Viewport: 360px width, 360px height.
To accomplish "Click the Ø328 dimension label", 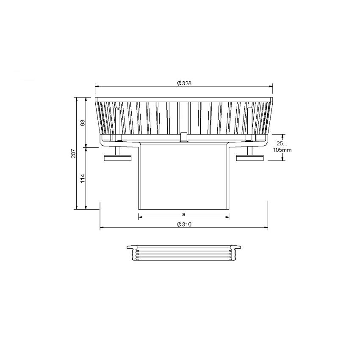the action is pyautogui.click(x=184, y=83).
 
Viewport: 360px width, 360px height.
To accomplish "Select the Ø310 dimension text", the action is pyautogui.click(x=184, y=224).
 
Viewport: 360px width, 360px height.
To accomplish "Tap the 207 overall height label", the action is pyautogui.click(x=73, y=153).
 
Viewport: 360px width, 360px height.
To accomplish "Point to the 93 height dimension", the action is pyautogui.click(x=83, y=122).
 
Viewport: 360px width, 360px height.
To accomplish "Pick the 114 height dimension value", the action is pyautogui.click(x=83, y=178).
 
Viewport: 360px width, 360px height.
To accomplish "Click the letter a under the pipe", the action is pyautogui.click(x=183, y=214).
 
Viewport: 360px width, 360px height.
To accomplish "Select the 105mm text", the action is pyautogui.click(x=282, y=150).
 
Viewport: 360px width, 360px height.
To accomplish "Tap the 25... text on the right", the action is pyautogui.click(x=282, y=144).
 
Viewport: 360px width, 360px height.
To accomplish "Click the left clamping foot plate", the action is pyautogui.click(x=118, y=158).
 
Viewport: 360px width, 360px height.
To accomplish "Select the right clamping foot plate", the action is pyautogui.click(x=250, y=158).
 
